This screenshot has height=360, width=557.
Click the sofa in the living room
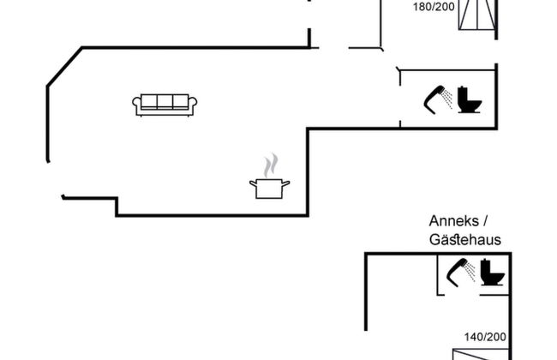point(165,104)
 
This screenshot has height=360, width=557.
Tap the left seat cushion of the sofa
point(148,102)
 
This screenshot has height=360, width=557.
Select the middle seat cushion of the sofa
point(165,102)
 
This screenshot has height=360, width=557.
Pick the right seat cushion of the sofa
point(180,102)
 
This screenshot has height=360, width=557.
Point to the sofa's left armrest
point(136,105)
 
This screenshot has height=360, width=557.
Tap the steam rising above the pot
point(271,165)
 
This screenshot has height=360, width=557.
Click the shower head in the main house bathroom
point(435,96)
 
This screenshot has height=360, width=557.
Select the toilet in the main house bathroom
point(469,100)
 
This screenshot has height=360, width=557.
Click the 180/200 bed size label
point(433,6)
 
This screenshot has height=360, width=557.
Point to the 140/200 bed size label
point(486,337)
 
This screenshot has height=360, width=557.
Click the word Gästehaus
point(464,240)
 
